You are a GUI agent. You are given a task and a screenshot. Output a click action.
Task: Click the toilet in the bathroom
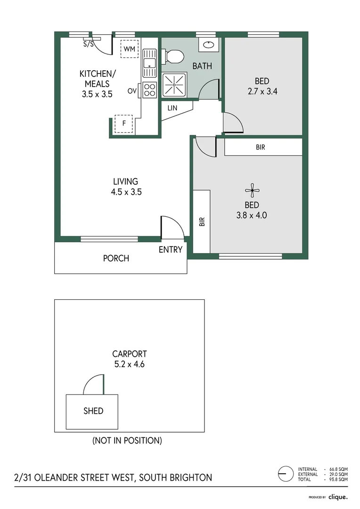click(x=174, y=56)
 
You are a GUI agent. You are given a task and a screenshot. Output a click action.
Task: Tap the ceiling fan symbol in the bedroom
click(x=252, y=191)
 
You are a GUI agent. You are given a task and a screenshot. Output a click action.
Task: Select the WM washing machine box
click(x=129, y=49)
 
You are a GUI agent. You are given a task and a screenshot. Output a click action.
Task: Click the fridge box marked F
click(x=124, y=124)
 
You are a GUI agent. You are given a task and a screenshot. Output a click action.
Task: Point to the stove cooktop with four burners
click(x=150, y=90)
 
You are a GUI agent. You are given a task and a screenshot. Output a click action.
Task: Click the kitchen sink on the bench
click(x=150, y=64)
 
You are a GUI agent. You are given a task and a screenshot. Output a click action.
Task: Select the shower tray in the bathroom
click(x=174, y=85)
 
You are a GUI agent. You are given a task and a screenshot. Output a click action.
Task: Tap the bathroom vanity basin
click(x=208, y=45)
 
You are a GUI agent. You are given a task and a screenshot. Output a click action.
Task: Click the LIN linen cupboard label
click(x=172, y=108)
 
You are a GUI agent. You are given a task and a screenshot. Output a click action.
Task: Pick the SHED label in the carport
click(x=93, y=410)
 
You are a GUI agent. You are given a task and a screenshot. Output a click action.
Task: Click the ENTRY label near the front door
click(x=170, y=250)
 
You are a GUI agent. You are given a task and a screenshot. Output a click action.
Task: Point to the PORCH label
click(x=116, y=258)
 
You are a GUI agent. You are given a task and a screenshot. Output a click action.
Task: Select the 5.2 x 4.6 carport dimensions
click(x=129, y=364)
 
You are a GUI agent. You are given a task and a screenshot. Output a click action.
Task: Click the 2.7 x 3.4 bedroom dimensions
click(x=262, y=91)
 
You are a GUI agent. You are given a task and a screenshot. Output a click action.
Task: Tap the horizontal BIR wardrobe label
click(x=261, y=148)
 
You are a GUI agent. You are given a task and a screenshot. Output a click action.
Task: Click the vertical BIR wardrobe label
click(x=202, y=222)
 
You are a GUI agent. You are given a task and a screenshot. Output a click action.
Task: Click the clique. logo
click(x=337, y=496)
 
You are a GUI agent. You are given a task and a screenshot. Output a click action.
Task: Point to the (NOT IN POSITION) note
click(x=127, y=441)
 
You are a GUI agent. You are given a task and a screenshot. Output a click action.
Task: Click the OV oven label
click(x=131, y=90)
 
